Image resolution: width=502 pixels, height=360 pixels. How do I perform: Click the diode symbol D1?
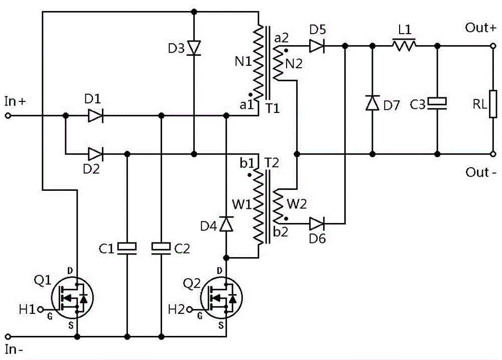point(95,115)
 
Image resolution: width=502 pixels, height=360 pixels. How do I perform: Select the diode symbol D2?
point(95,154)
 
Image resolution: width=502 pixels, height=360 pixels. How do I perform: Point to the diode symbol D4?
point(226,224)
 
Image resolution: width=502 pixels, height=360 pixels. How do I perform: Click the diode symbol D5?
point(317,46)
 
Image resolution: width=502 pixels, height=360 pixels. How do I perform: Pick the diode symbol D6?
point(317,223)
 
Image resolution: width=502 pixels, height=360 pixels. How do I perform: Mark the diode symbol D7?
point(372,103)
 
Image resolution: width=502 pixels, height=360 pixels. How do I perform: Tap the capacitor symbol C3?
point(437,103)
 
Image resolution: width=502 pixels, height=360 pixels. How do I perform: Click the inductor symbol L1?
point(404,45)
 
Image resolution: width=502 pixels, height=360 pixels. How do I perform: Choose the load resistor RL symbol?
point(493,104)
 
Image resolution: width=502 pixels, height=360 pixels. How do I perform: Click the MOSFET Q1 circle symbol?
point(72,298)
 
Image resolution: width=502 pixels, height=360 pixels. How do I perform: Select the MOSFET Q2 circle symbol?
point(221,298)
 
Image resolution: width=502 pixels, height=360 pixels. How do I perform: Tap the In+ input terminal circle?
point(8,115)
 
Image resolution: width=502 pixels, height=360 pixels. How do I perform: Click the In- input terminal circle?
point(8,336)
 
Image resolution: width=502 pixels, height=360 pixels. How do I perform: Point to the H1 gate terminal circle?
point(40,309)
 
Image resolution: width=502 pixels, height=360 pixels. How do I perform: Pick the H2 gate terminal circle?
point(190,309)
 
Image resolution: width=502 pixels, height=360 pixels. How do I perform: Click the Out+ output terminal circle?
point(493,46)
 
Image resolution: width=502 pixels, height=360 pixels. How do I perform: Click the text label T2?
point(272,163)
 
